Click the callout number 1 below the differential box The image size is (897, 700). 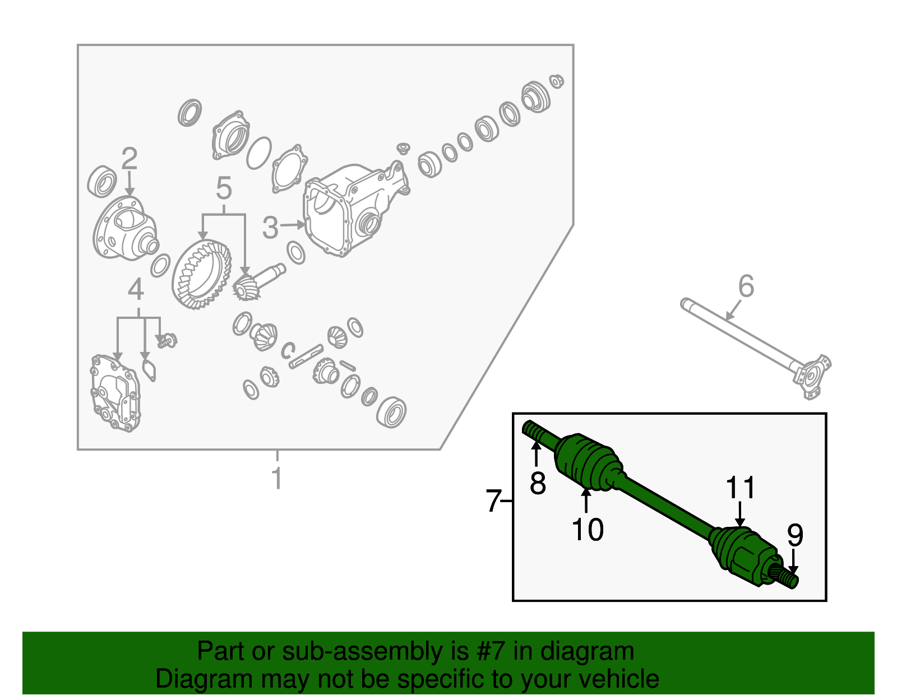coord(278,478)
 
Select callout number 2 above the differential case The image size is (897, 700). coord(129,158)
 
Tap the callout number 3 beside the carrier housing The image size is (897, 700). coord(270,228)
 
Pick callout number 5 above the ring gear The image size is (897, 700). coord(224,188)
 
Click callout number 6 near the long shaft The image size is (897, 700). coord(746,286)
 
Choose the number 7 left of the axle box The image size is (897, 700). coord(493,501)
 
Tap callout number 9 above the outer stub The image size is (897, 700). coord(795,535)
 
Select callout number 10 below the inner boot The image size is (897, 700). coord(588,530)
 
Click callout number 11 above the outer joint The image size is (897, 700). coord(741,488)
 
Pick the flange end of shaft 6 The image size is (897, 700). coord(811,376)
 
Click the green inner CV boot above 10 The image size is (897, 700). coord(588,463)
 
